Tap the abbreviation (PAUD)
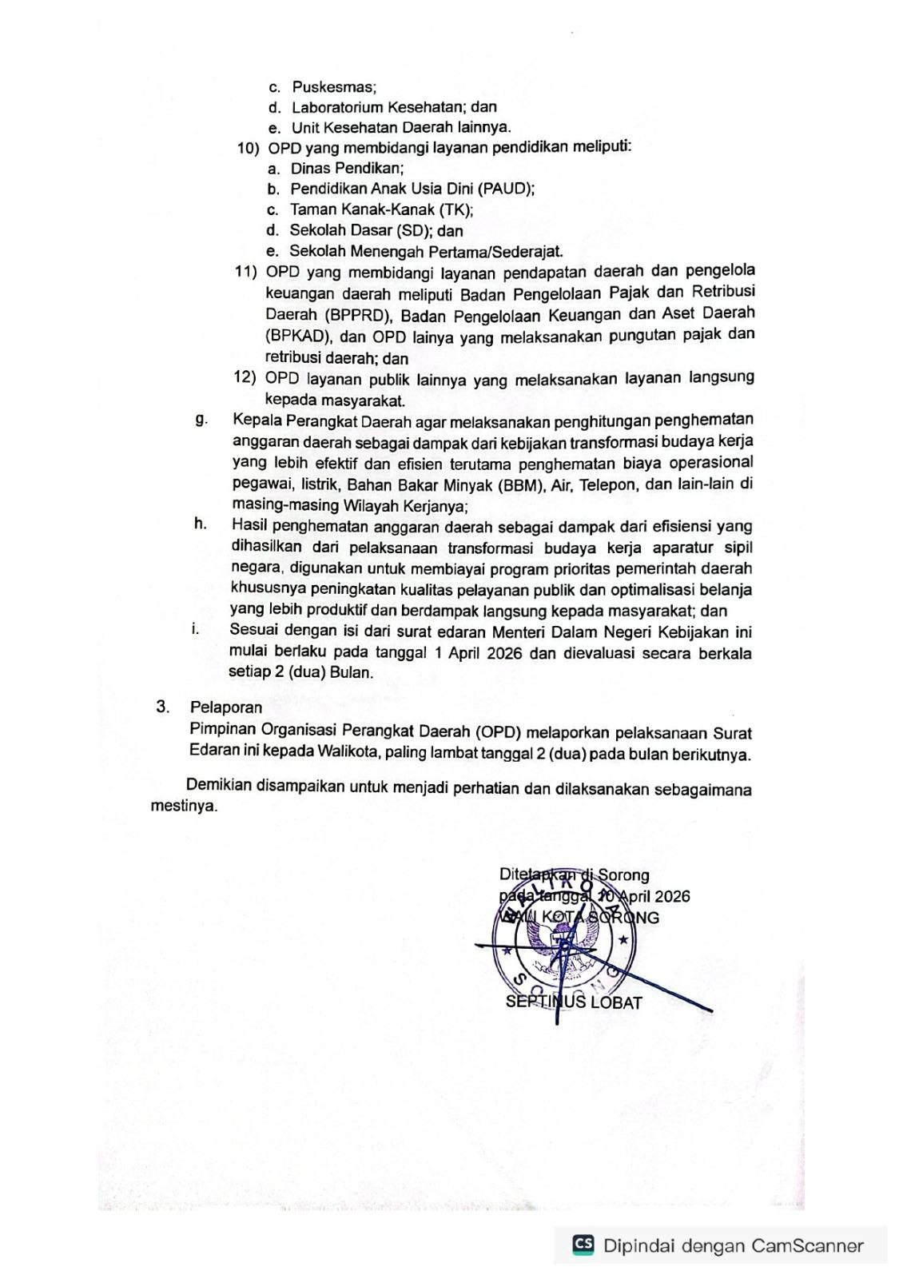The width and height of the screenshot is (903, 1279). (505, 189)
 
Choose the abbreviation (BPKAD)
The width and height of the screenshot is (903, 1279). (296, 336)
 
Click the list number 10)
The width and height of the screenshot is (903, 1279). (248, 148)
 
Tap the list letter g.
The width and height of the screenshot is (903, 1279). (201, 419)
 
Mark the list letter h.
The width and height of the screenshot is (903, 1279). (200, 524)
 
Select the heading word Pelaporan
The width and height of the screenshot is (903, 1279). (226, 707)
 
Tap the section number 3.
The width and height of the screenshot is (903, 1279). (163, 706)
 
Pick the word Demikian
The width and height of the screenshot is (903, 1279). (218, 785)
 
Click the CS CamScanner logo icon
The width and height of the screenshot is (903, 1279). (583, 1245)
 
